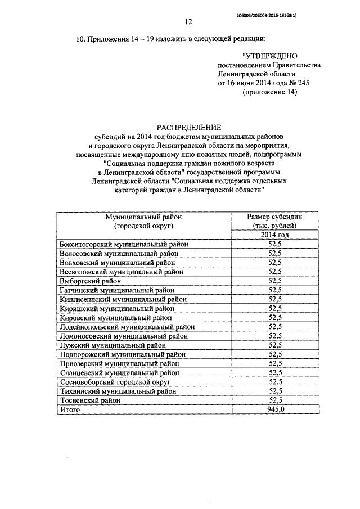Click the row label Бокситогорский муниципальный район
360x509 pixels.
point(123,244)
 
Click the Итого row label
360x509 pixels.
point(70,410)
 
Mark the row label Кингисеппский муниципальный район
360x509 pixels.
point(123,299)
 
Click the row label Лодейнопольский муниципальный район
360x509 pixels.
point(127,327)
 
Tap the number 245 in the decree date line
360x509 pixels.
point(299,83)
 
